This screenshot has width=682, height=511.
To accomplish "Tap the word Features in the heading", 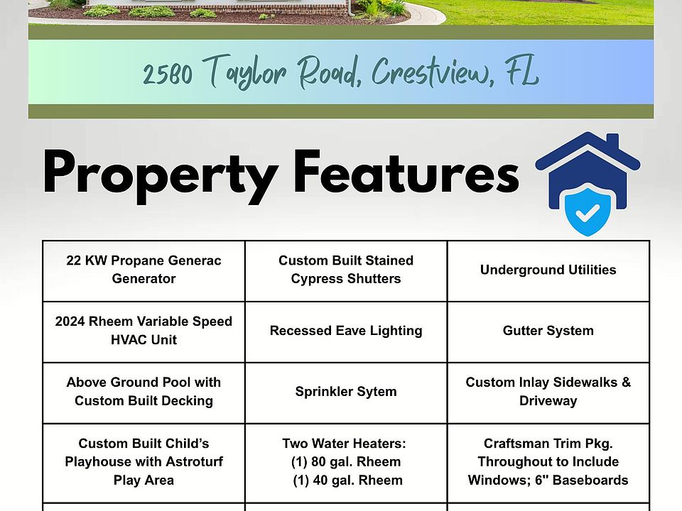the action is coord(406,171).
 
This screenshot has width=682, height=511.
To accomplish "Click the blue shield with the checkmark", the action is coord(588,211).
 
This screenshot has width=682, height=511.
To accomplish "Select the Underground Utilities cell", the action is coord(548,270).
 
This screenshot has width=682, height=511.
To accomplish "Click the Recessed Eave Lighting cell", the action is coord(346,331).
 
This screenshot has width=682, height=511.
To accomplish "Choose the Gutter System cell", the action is coord(548,331).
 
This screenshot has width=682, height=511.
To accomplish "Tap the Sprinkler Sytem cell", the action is coord(346,392).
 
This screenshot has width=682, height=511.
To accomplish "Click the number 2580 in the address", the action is coord(168,75).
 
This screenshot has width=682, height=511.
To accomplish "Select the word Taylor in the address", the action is coord(244,72).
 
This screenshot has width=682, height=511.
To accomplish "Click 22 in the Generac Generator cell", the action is coord(73,260).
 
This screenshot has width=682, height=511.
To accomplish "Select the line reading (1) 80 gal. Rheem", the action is coord(346,462).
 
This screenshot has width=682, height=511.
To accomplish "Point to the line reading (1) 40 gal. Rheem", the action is coord(347,480).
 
